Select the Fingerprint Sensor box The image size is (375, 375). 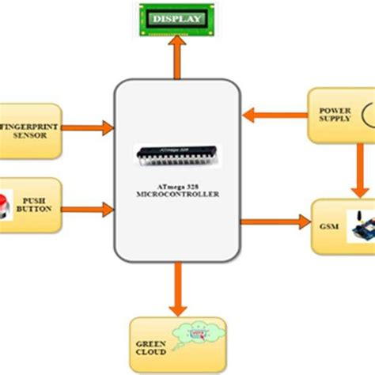click(30, 127)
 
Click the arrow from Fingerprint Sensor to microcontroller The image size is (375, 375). click(88, 125)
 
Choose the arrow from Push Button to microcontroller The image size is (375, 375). click(88, 210)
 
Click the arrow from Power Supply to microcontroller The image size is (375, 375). click(273, 116)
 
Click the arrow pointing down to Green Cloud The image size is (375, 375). click(176, 289)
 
